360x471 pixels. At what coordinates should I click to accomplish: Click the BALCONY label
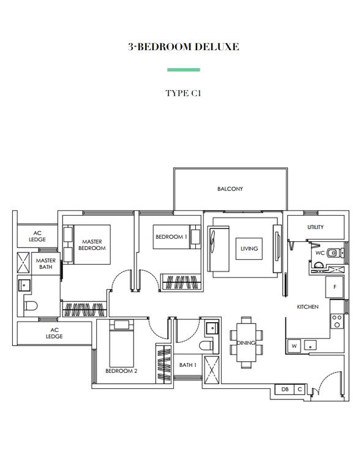tap(230, 189)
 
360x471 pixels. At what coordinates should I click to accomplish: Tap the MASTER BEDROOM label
tap(92, 245)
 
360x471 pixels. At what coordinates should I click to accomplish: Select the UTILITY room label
tap(315, 227)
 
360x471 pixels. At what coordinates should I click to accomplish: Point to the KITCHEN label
tap(307, 307)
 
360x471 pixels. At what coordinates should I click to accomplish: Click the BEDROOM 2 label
tap(121, 371)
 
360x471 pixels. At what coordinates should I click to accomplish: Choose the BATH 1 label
tap(188, 365)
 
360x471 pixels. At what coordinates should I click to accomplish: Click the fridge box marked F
tap(334, 287)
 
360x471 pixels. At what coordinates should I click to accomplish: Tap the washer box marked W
tap(294, 345)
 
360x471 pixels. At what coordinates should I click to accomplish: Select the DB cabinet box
tap(285, 390)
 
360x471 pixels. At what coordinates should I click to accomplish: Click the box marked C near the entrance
tap(299, 390)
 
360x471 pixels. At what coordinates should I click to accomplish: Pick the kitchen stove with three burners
tap(337, 321)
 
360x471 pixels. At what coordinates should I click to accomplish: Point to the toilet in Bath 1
tap(206, 345)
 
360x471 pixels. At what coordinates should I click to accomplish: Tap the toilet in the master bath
tap(31, 306)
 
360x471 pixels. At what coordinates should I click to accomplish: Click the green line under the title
tap(184, 70)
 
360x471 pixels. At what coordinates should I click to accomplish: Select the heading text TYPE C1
tap(183, 93)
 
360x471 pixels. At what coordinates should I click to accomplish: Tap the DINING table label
tap(246, 343)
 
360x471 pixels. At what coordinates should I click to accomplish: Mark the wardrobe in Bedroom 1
tap(181, 282)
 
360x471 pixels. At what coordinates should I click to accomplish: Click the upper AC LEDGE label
tap(37, 236)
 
